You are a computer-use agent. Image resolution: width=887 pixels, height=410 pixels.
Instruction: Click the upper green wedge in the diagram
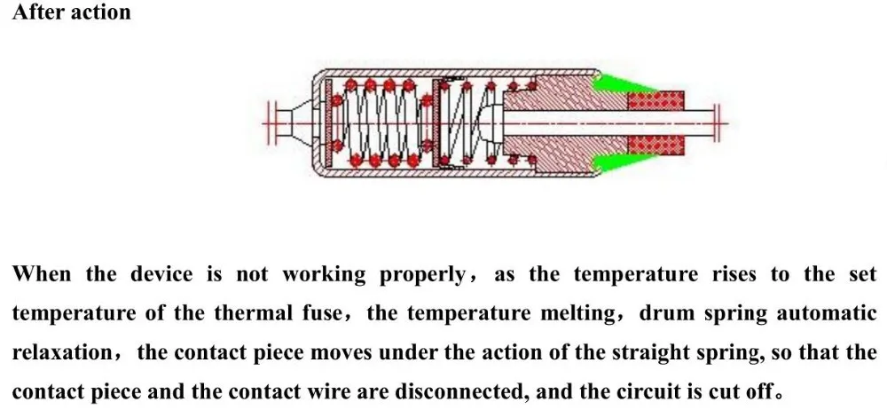pyautogui.click(x=621, y=85)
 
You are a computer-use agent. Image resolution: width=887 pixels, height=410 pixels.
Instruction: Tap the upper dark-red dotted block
pyautogui.click(x=656, y=99)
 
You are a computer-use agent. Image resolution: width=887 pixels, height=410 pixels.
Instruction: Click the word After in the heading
pyautogui.click(x=36, y=12)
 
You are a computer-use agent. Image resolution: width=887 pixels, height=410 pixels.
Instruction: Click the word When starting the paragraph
pyautogui.click(x=41, y=274)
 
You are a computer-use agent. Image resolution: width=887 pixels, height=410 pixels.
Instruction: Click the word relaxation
pyautogui.click(x=61, y=352)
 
